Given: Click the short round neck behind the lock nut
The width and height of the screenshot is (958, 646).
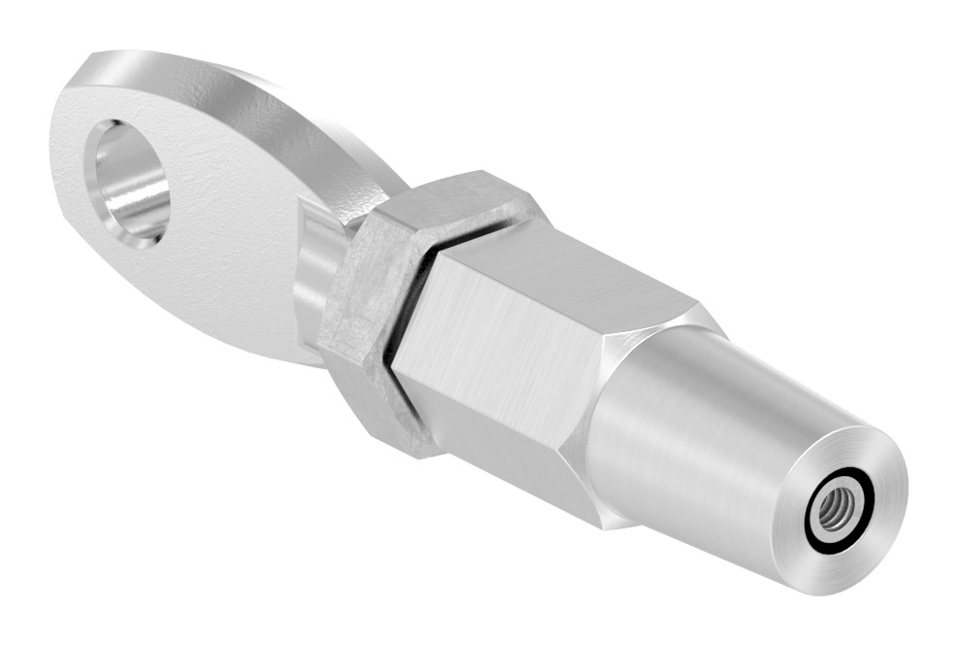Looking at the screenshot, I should pos(315,272).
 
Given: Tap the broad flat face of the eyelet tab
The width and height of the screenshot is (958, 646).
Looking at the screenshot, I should pos(223,253).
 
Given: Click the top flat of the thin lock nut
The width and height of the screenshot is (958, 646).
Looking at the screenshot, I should pos(456,199).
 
